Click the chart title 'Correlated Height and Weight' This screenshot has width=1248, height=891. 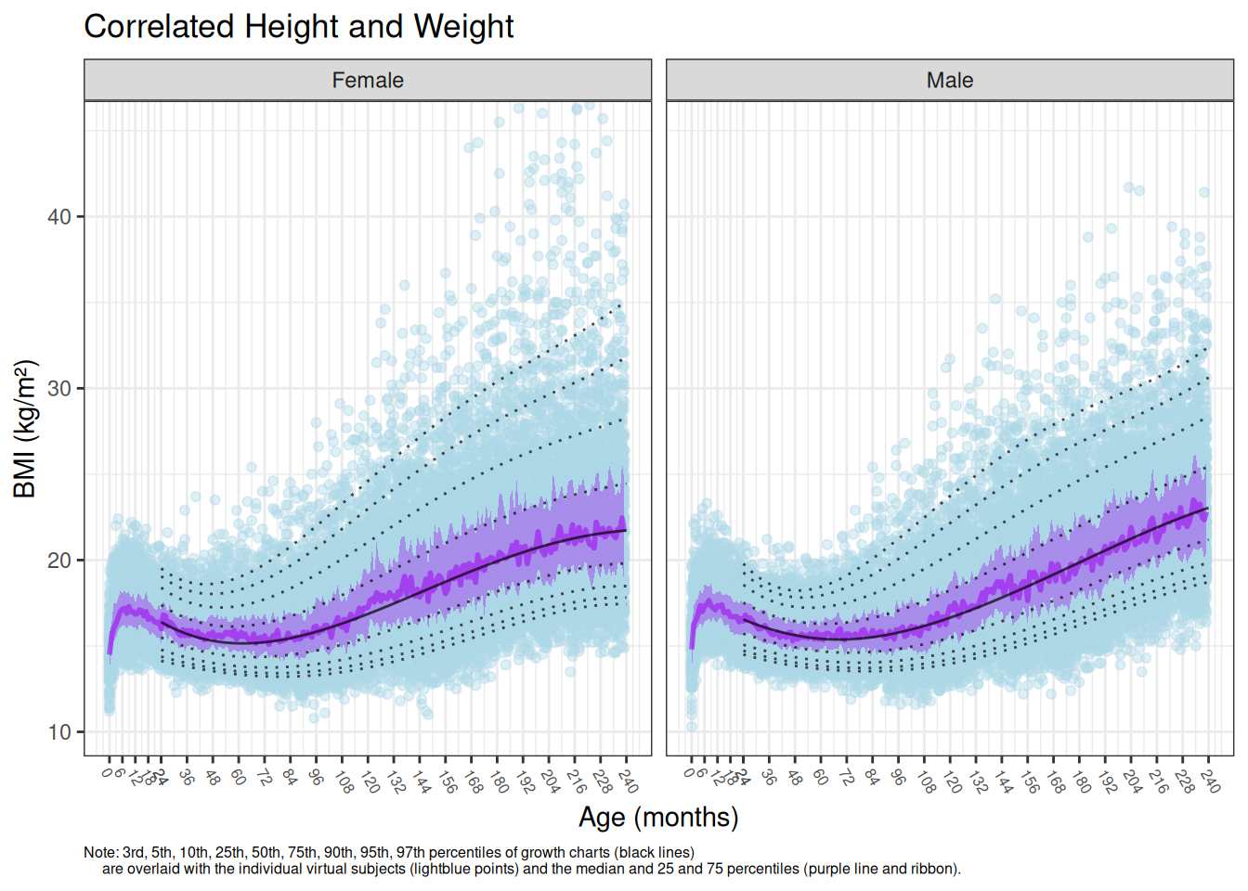[298, 27]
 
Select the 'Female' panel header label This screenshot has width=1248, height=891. [368, 81]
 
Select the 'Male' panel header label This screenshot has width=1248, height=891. [949, 81]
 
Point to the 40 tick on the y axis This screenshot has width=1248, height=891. [59, 217]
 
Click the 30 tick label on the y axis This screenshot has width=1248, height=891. [59, 389]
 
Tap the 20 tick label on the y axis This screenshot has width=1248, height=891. [59, 561]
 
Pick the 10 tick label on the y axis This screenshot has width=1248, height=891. [59, 732]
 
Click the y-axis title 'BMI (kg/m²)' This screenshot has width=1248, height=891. [25, 429]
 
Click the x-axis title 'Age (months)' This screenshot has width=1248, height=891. [658, 817]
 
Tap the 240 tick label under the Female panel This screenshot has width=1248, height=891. [628, 781]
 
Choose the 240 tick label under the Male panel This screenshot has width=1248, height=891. [1210, 781]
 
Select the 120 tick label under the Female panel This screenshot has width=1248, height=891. [370, 781]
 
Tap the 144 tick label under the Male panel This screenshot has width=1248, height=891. [1003, 781]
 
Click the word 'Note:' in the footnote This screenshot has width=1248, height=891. [100, 852]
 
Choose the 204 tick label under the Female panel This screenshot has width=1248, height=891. [550, 781]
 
